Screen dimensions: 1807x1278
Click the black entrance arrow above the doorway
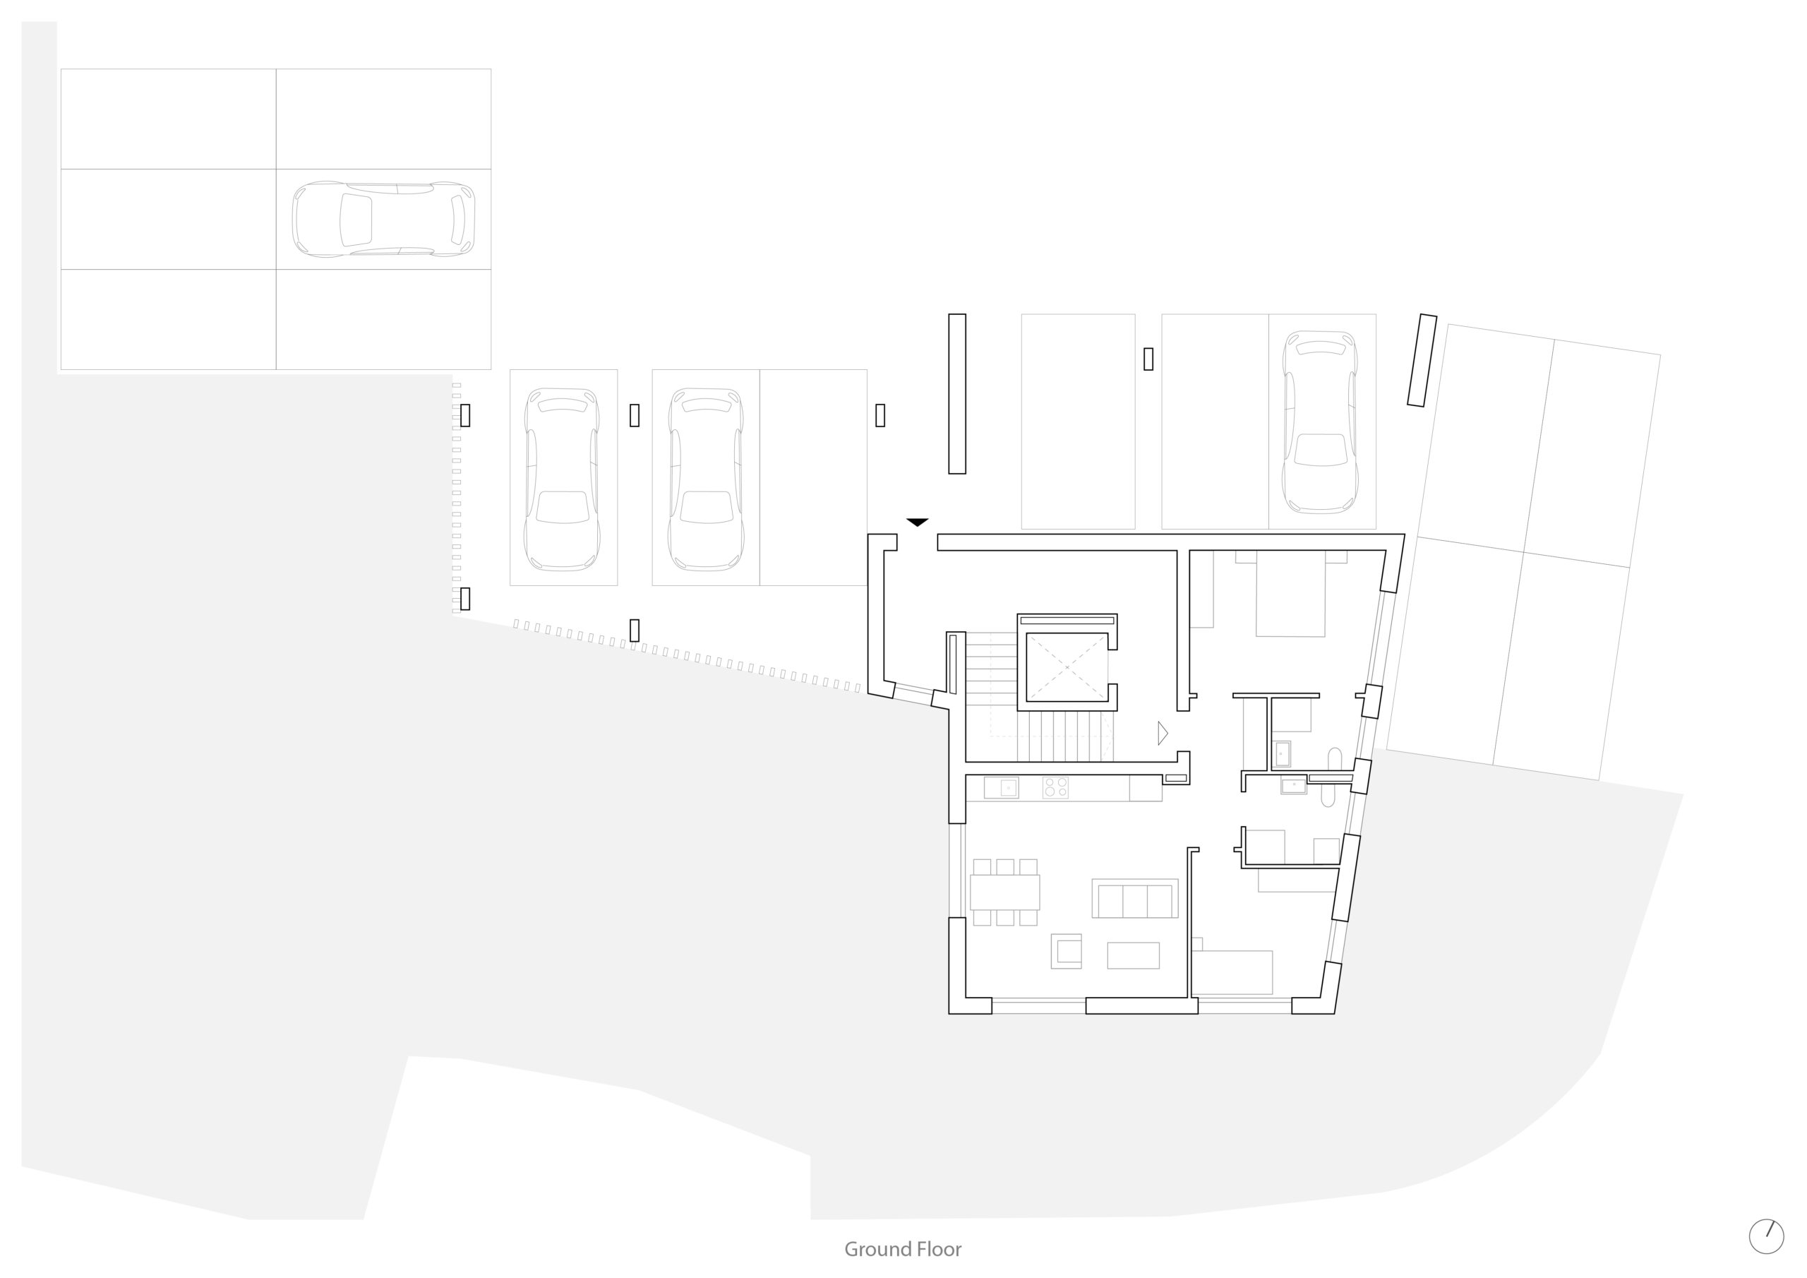point(917,522)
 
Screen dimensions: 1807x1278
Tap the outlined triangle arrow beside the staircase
point(1163,733)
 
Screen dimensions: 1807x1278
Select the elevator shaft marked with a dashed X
point(1067,667)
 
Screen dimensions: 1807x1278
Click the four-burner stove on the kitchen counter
point(1055,787)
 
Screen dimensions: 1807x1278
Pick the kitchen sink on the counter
point(1001,787)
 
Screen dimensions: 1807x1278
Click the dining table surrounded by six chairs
point(1005,892)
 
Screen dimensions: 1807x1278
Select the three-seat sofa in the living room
point(1135,898)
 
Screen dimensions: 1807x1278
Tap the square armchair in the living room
point(1067,951)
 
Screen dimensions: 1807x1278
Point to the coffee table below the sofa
point(1134,955)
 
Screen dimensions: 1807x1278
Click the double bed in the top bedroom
point(1291,594)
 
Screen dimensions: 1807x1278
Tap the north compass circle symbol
point(1766,1236)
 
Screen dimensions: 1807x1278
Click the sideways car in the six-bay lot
point(383,219)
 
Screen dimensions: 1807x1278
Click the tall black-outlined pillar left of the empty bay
point(957,394)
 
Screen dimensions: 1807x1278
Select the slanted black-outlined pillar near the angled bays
point(1422,361)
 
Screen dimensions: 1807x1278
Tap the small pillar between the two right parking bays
point(1148,359)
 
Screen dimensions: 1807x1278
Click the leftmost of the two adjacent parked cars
point(562,478)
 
